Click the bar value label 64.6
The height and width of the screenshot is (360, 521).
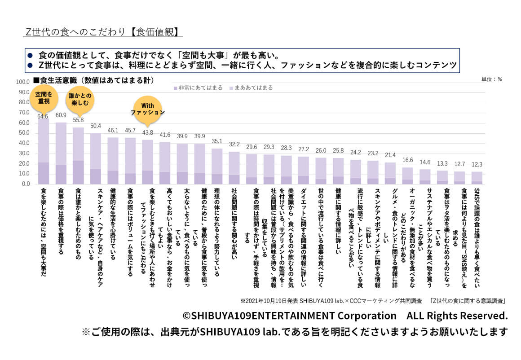coord(44,116)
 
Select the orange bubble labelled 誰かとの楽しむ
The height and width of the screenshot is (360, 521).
coord(79,99)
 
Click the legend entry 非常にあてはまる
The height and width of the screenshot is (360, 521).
coord(197,88)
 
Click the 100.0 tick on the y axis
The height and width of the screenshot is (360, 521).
coord(22,82)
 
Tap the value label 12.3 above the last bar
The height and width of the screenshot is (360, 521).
coord(477,164)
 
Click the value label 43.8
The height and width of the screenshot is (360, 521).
coord(148,133)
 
